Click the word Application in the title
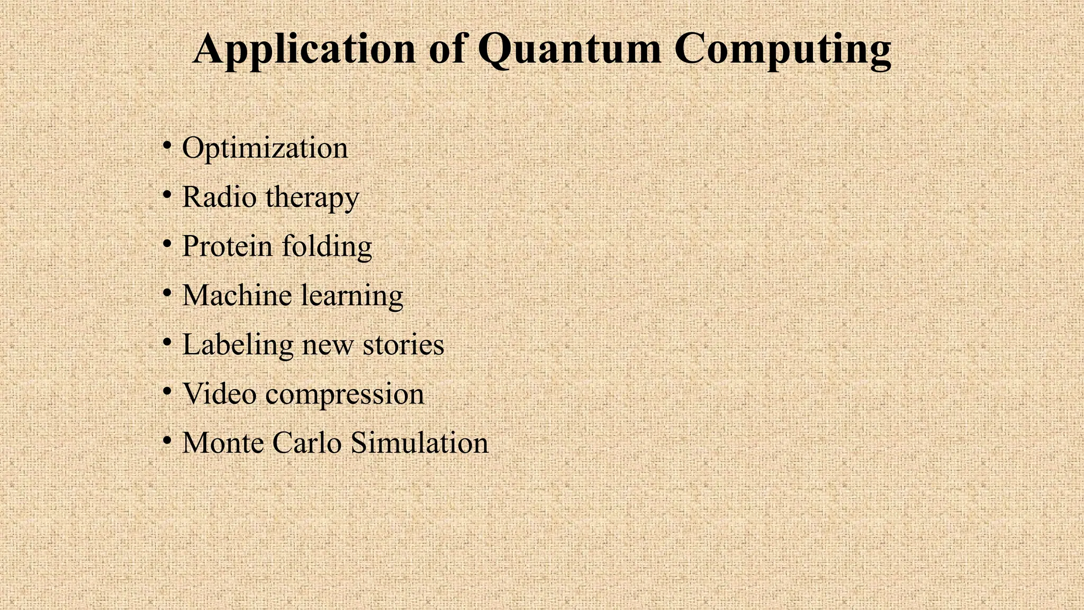[304, 49]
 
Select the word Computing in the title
[783, 49]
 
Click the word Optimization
[265, 148]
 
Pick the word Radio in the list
[219, 197]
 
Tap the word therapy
[312, 198]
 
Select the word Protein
[227, 246]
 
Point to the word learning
[352, 296]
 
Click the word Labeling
[238, 345]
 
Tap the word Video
[219, 394]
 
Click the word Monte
[223, 443]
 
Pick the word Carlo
[307, 443]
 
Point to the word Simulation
[419, 443]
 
